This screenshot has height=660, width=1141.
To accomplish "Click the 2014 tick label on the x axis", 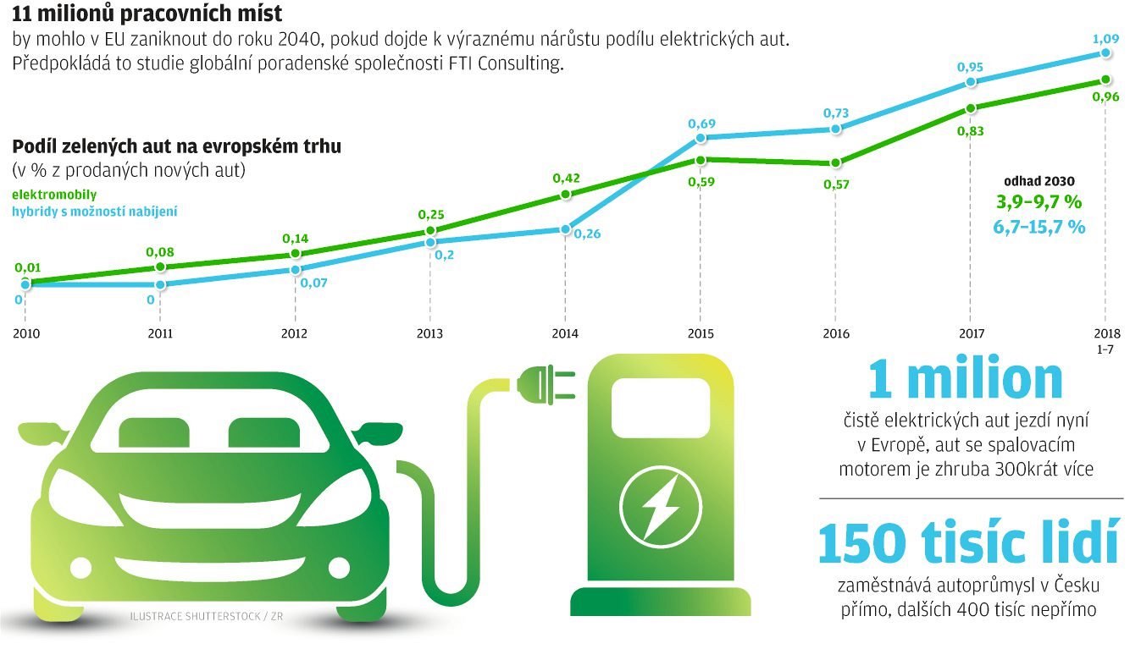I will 565,333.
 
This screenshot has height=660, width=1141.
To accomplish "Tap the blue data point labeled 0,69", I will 701,137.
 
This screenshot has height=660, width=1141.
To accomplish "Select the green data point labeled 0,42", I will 565,195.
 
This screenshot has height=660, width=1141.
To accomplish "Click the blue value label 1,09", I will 1106,38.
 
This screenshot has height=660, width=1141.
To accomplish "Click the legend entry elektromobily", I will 54,195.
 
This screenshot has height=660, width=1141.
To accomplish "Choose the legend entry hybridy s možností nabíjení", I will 95,211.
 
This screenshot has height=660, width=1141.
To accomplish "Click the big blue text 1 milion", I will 965,380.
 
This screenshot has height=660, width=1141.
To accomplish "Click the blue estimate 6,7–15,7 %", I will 1039,227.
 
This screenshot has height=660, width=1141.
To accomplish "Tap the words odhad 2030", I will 1039,181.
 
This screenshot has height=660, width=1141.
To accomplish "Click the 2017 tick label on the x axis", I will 971,333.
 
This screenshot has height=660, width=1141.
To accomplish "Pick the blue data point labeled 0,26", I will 565,229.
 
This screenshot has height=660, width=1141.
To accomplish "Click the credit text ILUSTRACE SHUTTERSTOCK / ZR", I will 207,616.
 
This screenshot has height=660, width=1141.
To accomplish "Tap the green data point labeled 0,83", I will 971,107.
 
